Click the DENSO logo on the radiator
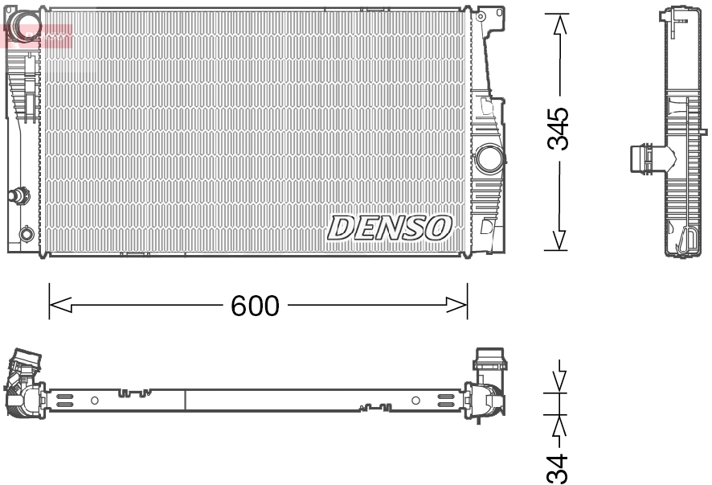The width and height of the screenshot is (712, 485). [x=389, y=228]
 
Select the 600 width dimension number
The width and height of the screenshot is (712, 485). [x=255, y=306]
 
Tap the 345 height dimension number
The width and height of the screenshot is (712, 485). [x=558, y=128]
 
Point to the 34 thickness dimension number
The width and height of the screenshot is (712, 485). [x=557, y=467]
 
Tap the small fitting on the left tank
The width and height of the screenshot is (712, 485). [x=17, y=194]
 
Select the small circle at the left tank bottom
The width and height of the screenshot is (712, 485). [x=27, y=234]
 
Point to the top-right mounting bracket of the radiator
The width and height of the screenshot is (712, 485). [x=490, y=15]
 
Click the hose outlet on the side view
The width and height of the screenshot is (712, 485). [x=641, y=157]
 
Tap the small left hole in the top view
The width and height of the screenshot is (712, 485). [x=94, y=400]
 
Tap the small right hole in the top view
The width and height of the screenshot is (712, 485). [x=415, y=400]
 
